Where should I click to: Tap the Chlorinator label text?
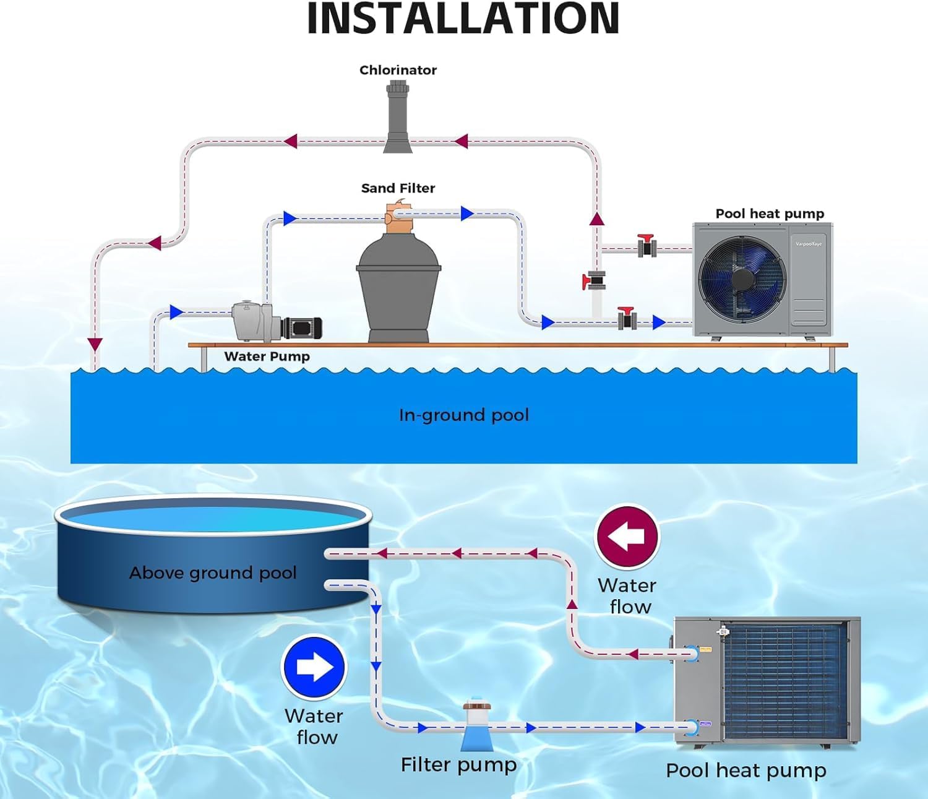pyautogui.click(x=398, y=70)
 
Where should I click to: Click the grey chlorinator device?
pyautogui.click(x=397, y=118)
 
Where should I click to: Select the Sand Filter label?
pyautogui.click(x=398, y=188)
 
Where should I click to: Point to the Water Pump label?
pyautogui.click(x=267, y=356)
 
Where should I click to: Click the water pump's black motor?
pyautogui.click(x=302, y=327)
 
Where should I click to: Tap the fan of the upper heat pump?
pyautogui.click(x=742, y=279)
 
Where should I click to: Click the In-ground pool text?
pyautogui.click(x=464, y=415)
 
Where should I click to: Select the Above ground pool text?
pyautogui.click(x=213, y=572)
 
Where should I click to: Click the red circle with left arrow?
pyautogui.click(x=627, y=537)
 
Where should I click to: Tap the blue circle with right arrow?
pyautogui.click(x=314, y=668)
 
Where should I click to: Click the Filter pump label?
pyautogui.click(x=458, y=765)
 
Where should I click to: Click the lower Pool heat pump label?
pyautogui.click(x=745, y=771)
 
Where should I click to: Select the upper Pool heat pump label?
pyautogui.click(x=770, y=214)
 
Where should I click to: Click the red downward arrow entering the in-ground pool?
pyautogui.click(x=95, y=345)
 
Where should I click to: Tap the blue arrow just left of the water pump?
pyautogui.click(x=176, y=311)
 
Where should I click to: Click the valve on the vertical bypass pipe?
pyautogui.click(x=595, y=281)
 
